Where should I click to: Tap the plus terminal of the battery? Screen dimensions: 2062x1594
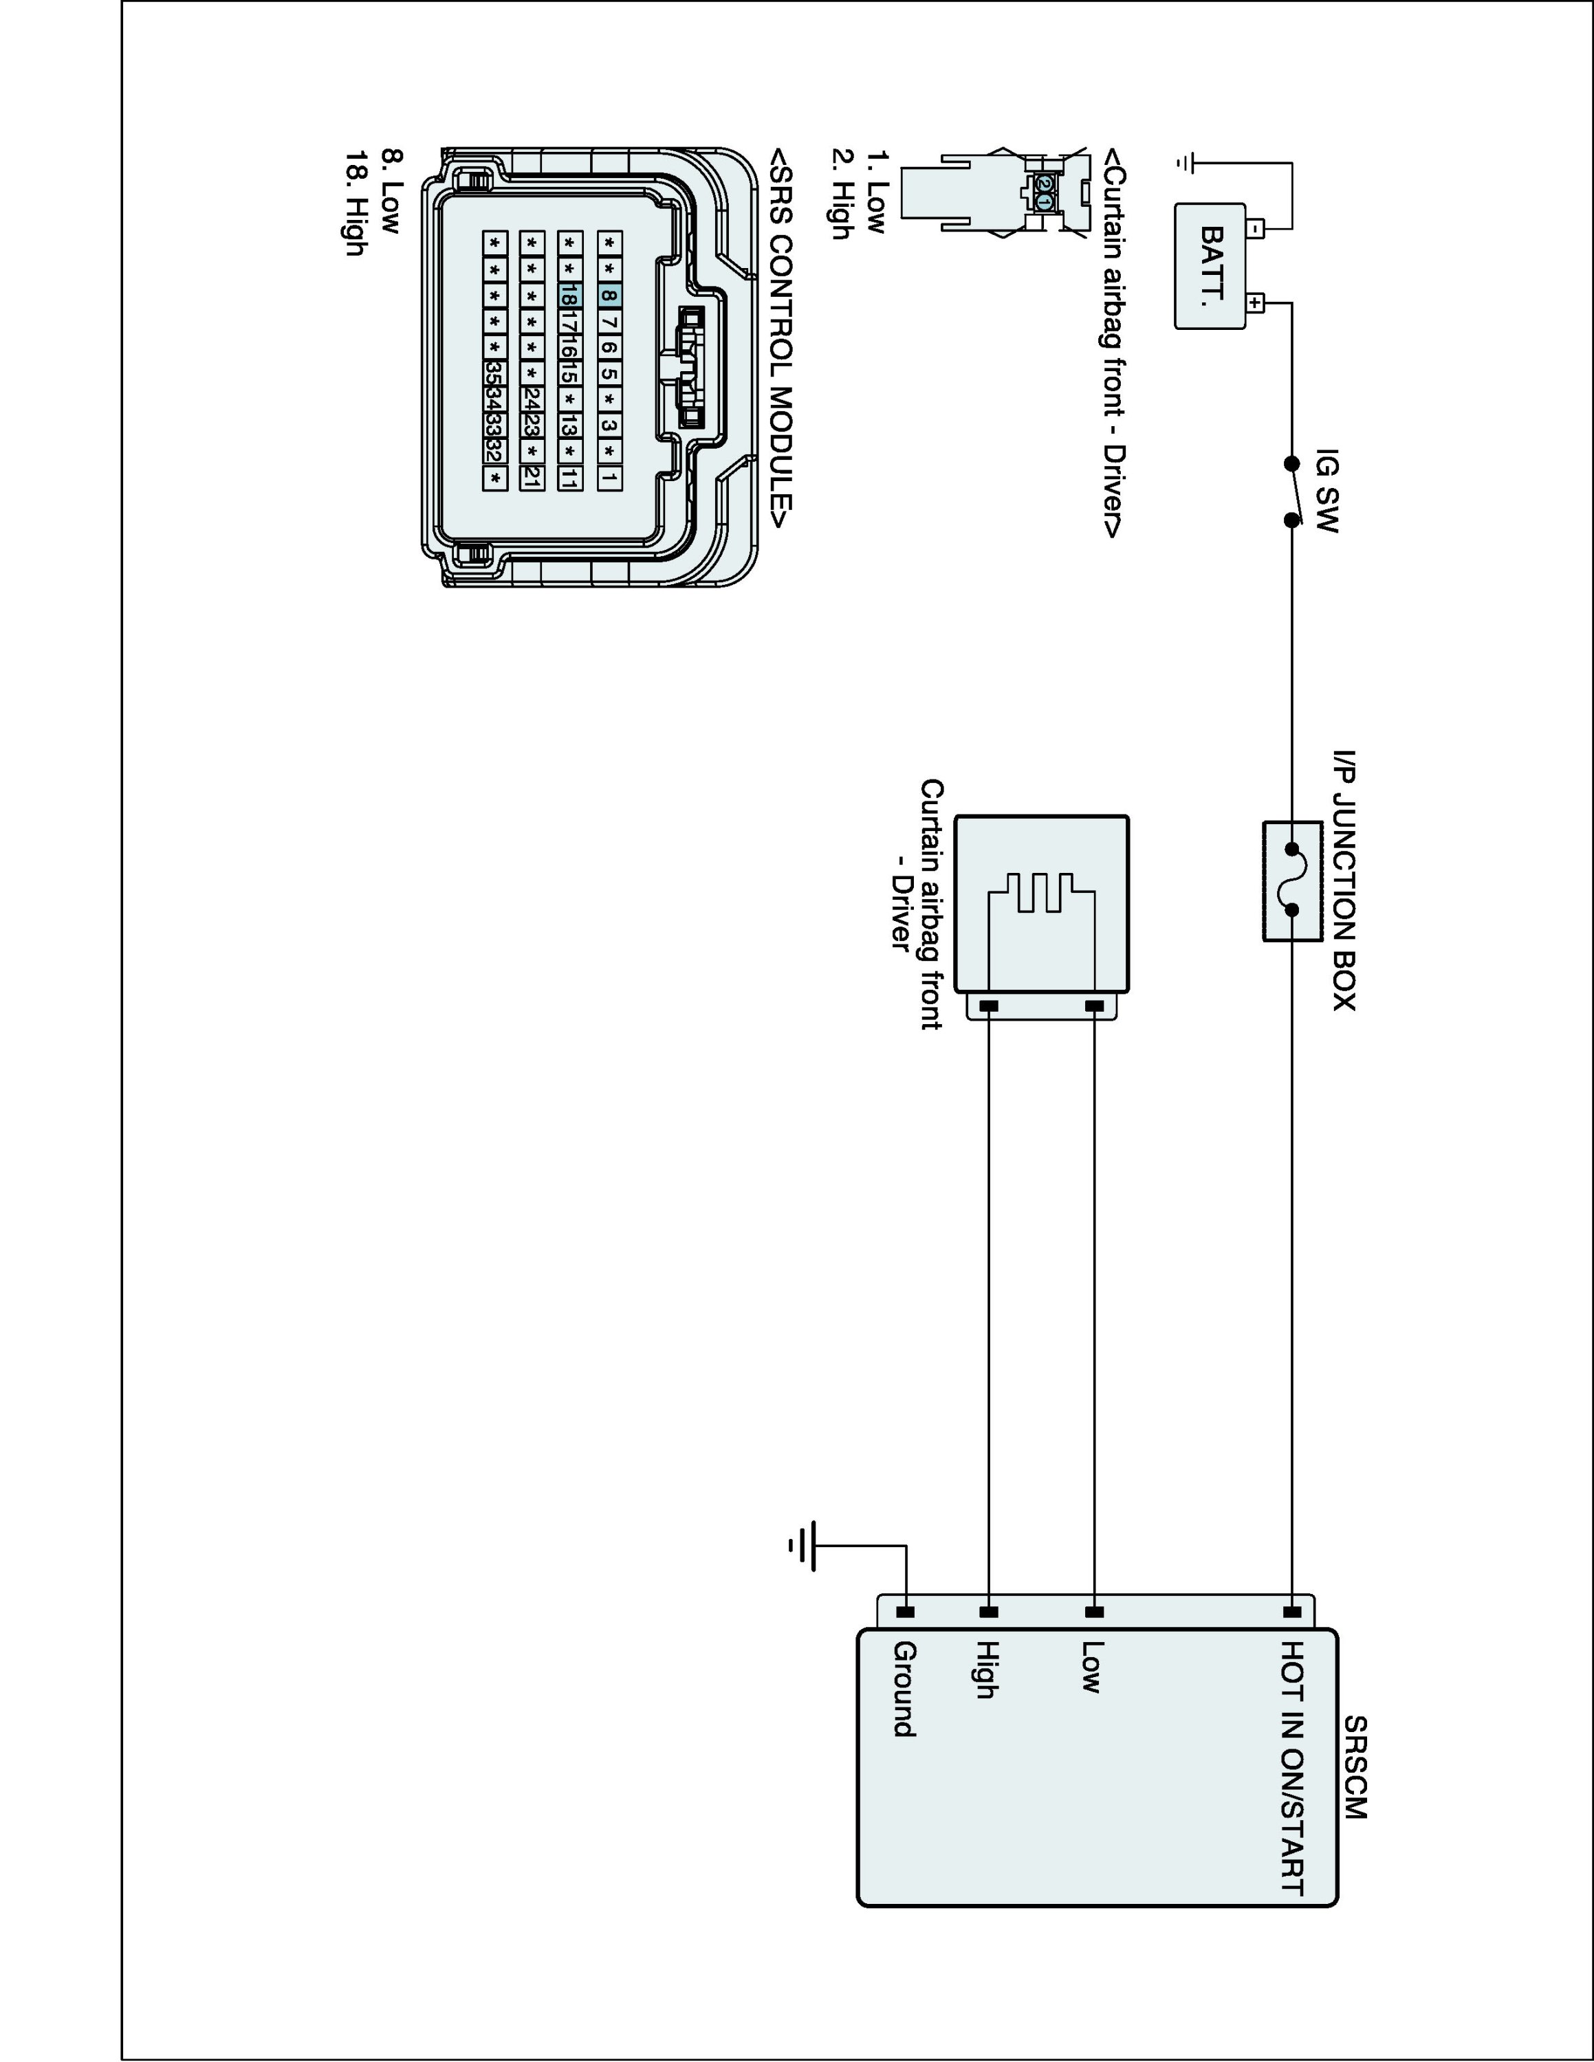point(1256,303)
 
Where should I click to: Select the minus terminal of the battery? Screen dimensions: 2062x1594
point(1256,228)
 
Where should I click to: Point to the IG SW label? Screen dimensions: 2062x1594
point(1326,490)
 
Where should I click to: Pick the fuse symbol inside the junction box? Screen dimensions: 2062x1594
point(1291,881)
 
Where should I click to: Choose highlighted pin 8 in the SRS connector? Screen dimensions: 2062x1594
point(609,296)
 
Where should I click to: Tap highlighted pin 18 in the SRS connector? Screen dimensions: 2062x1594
point(569,296)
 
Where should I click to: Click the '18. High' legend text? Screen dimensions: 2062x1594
point(354,203)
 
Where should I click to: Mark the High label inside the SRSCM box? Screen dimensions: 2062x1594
point(987,1670)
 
